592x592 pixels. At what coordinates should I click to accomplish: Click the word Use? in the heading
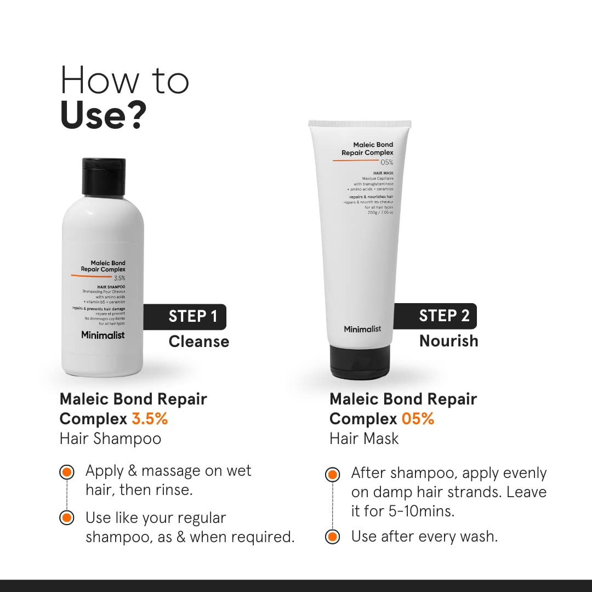103,115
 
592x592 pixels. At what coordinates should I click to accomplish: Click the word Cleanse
198,341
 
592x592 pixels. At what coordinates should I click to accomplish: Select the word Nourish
448,341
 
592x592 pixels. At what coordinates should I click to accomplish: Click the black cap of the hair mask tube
360,362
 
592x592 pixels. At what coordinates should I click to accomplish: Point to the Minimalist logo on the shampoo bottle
103,335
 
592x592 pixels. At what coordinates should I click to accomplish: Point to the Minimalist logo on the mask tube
362,329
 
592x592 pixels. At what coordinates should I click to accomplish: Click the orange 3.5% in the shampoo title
150,419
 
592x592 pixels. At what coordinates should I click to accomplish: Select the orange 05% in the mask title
418,419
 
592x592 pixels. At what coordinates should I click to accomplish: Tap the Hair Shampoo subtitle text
110,439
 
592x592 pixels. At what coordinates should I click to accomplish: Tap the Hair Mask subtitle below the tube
364,439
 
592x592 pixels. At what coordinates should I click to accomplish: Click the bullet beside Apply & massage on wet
66,472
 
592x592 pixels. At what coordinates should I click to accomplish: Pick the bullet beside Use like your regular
66,518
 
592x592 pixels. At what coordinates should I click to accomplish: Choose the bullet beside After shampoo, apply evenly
332,474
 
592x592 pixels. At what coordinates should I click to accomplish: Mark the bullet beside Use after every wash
332,537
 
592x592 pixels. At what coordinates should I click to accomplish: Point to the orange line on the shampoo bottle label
91,276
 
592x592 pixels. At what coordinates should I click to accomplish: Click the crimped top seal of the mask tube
360,123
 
